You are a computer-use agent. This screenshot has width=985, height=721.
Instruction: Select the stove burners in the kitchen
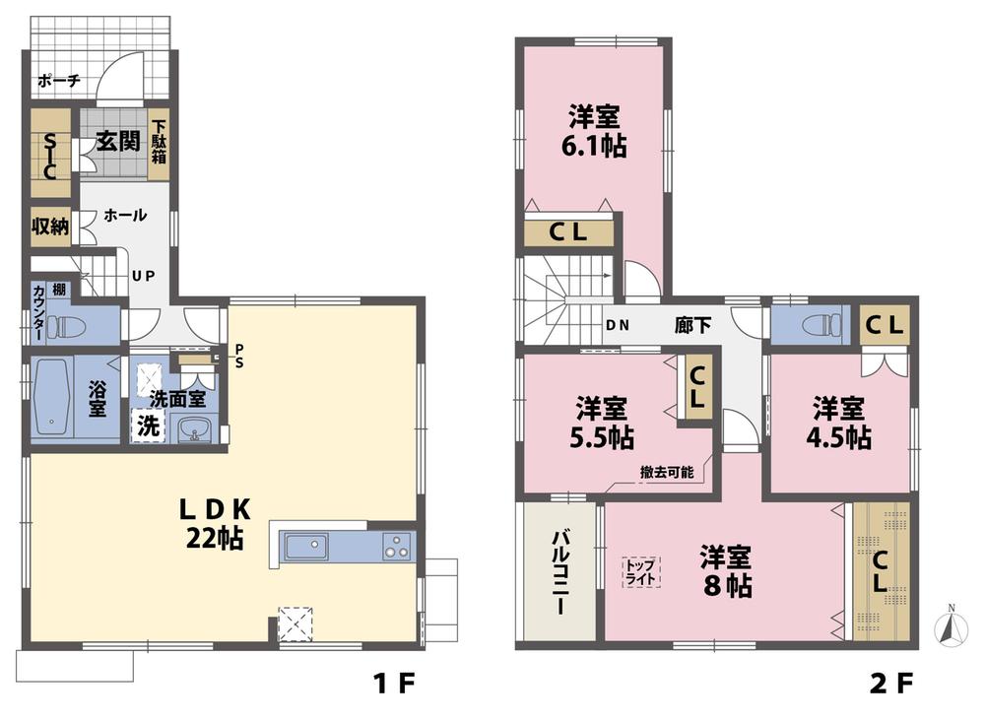pos(397,546)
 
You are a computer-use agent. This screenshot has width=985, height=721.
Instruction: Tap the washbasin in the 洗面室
pos(196,429)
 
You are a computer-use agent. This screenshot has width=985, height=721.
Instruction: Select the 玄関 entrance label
pos(116,141)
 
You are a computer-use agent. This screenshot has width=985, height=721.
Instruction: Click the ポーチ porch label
pos(58,82)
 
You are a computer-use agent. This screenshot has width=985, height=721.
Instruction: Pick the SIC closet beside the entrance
pos(48,157)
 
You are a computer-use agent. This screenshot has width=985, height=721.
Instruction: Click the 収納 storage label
pos(49,227)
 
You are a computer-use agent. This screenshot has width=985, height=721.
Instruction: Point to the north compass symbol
pos(950,625)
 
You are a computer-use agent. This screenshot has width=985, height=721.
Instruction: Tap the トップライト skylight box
pos(640,572)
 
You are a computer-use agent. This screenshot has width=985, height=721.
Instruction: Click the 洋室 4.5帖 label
pos(840,422)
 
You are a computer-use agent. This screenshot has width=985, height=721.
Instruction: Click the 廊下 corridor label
pos(692,325)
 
